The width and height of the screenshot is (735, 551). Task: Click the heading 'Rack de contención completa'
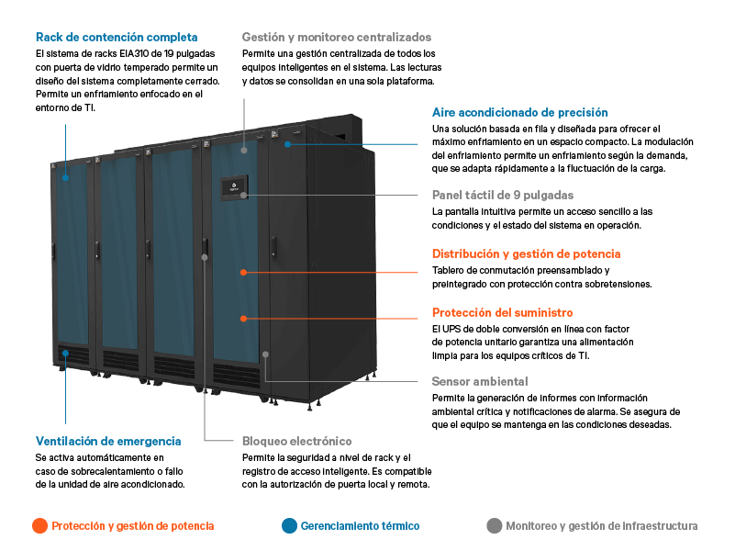click(x=117, y=37)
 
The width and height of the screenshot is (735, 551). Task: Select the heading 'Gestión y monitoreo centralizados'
click(x=337, y=37)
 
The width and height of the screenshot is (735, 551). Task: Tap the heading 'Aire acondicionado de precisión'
click(x=520, y=113)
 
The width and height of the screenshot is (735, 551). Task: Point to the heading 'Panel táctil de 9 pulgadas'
click(x=503, y=195)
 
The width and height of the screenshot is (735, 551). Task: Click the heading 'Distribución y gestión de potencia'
click(x=527, y=253)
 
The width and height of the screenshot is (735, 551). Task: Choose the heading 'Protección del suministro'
click(x=503, y=312)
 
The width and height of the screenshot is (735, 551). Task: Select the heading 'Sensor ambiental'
click(x=480, y=381)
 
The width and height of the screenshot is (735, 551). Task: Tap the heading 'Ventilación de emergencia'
click(x=108, y=442)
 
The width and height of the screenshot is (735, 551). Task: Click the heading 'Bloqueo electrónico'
click(x=296, y=442)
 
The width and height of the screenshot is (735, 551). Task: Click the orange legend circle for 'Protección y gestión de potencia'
click(x=39, y=525)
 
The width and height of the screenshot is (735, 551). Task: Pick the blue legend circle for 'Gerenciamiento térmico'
click(x=289, y=525)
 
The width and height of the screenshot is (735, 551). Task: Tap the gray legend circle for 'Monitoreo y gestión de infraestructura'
click(x=494, y=525)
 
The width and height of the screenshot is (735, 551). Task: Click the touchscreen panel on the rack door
click(x=234, y=187)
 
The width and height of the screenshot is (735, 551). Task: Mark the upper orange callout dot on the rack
click(x=243, y=272)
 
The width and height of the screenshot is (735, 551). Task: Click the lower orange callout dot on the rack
click(x=243, y=319)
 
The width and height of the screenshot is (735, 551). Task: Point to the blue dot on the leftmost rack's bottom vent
click(x=66, y=354)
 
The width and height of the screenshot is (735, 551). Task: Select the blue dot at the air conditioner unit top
click(x=288, y=144)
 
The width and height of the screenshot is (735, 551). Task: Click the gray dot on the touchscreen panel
click(x=244, y=195)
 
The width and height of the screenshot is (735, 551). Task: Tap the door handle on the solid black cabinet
click(x=273, y=247)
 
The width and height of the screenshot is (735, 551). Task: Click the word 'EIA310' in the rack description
click(x=134, y=54)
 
